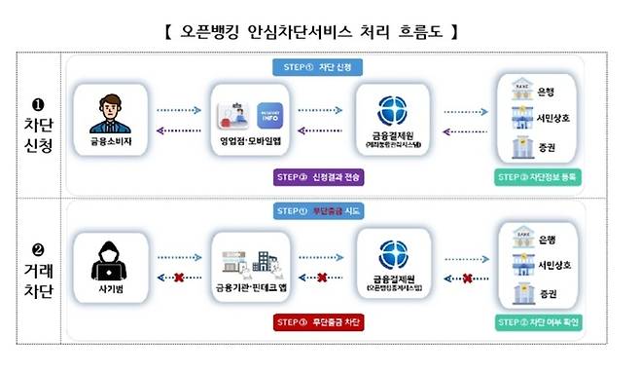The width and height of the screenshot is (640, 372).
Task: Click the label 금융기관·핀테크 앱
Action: pos(250,289)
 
